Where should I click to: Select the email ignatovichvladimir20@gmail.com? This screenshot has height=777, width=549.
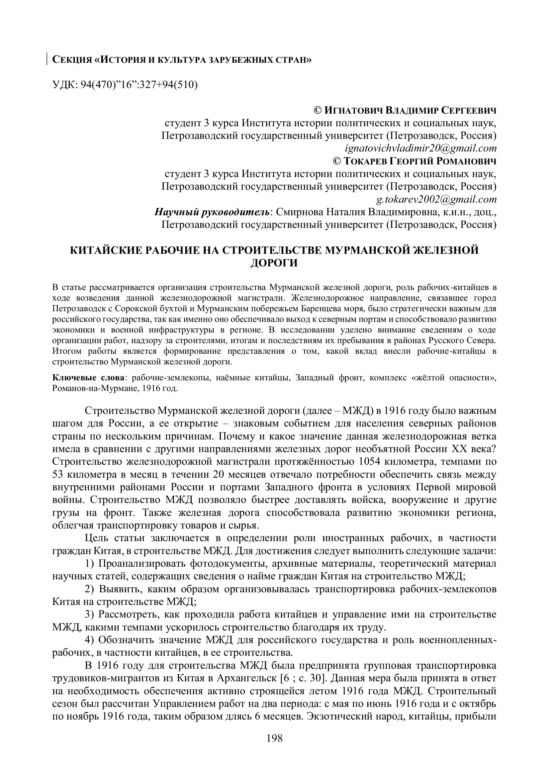(420, 148)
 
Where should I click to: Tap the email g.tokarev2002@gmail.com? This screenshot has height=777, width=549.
(436, 199)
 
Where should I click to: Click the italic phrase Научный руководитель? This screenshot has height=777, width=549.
(213, 212)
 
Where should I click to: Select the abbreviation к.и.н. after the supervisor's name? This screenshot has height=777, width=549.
(454, 212)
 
